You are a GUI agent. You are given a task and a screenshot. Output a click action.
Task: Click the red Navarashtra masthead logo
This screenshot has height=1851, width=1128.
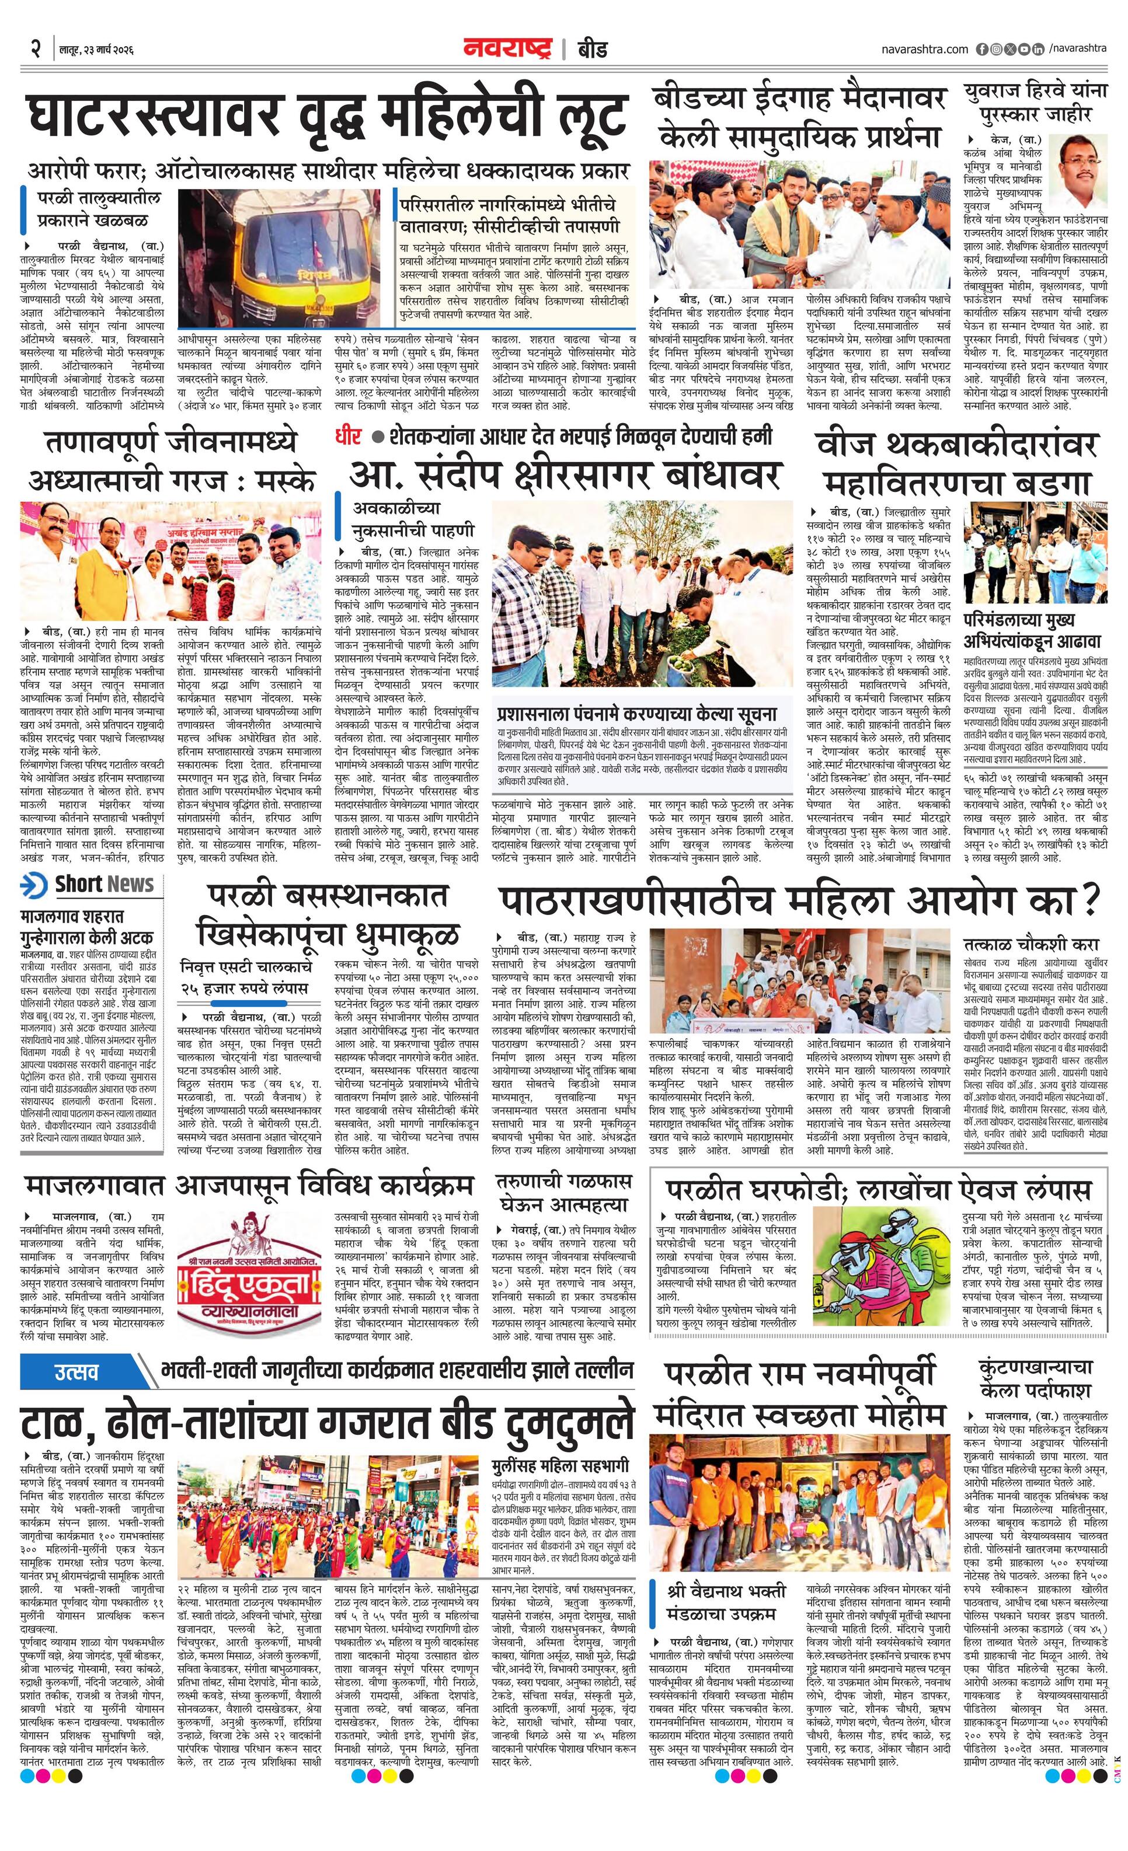[510, 49]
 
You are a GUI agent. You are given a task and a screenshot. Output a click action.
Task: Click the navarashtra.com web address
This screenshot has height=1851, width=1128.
[925, 49]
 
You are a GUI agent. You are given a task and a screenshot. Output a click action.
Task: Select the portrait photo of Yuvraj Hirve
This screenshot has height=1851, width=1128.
[1079, 170]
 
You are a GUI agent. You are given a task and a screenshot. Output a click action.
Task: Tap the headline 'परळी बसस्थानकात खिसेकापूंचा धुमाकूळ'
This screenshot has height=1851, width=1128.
[328, 917]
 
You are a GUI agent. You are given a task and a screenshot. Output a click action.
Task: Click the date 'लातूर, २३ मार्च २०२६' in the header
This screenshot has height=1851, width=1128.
[96, 50]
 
